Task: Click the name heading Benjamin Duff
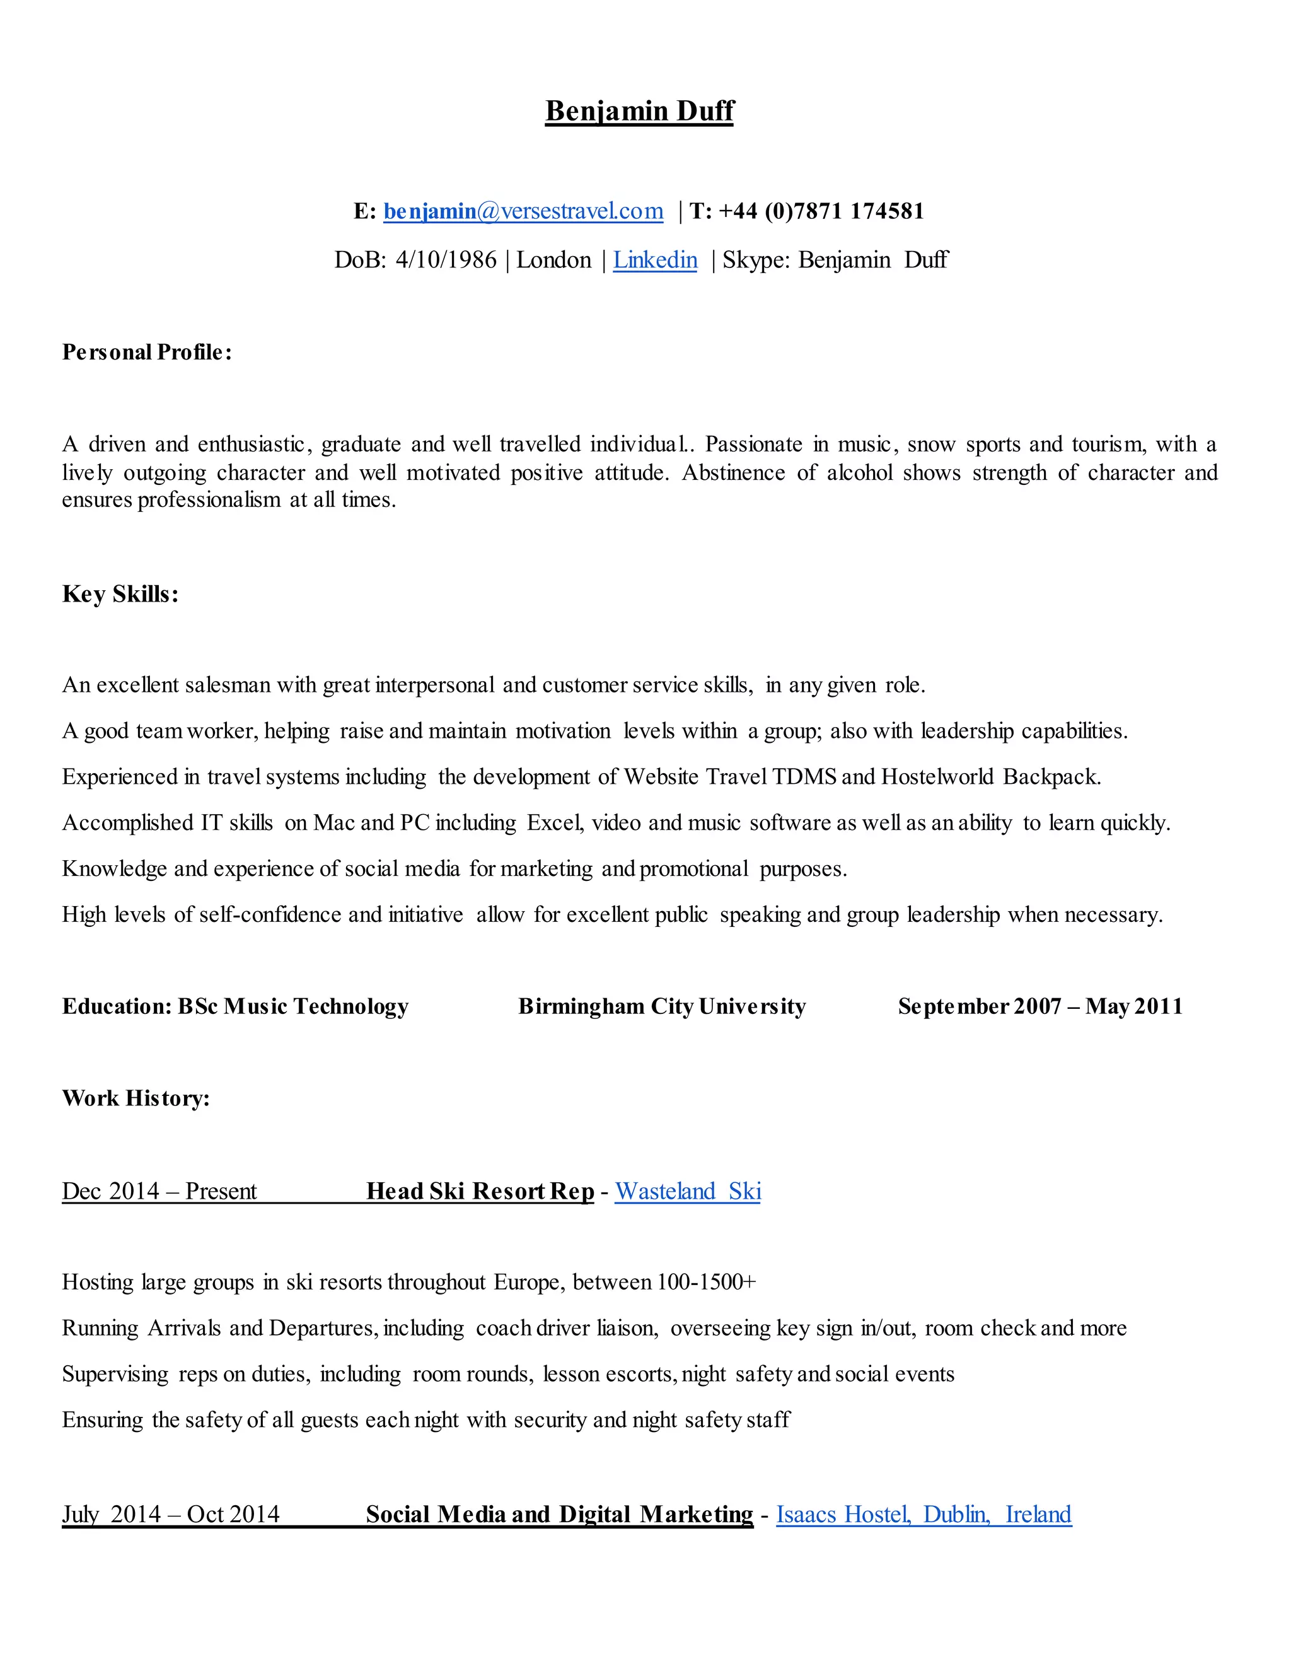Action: click(x=639, y=111)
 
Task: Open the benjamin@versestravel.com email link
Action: click(x=523, y=211)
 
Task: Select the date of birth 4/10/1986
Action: click(x=446, y=260)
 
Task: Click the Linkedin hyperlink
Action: click(x=655, y=260)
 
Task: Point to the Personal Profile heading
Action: click(x=147, y=352)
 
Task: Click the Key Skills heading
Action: click(x=120, y=595)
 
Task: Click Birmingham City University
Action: click(x=661, y=1007)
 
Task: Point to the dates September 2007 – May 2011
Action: click(x=1040, y=1007)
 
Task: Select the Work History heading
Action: click(x=136, y=1098)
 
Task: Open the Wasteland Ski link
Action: click(x=688, y=1191)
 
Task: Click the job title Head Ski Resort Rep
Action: click(x=480, y=1191)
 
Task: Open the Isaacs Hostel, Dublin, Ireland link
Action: click(x=923, y=1514)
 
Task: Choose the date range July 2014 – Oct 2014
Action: click(x=171, y=1514)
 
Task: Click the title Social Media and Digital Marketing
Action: click(x=559, y=1514)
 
